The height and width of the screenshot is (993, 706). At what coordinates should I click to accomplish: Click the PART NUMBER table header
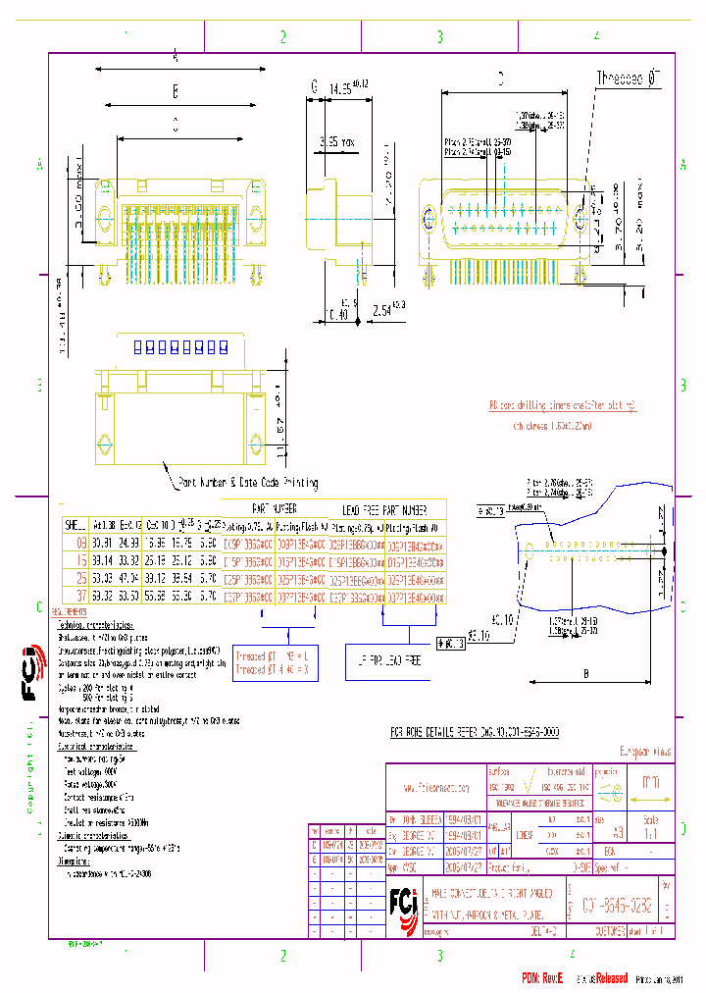(x=274, y=510)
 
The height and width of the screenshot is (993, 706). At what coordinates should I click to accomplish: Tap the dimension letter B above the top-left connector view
(x=175, y=92)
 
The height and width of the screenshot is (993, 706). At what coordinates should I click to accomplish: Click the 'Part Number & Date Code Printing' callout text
(x=247, y=483)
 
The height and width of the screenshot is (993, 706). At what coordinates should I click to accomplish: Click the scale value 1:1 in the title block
(x=651, y=832)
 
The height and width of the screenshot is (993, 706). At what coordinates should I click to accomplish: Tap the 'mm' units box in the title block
(x=650, y=782)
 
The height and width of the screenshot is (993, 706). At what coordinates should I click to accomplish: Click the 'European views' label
(x=642, y=753)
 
